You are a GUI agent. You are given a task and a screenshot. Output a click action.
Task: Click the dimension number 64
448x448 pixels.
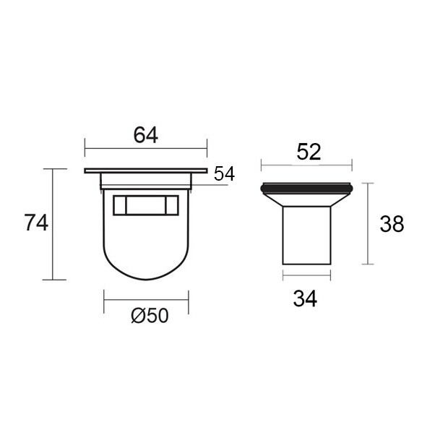point(146,135)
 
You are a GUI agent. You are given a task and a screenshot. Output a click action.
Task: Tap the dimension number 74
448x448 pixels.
point(36,223)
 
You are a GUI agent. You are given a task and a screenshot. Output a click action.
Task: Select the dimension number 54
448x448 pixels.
point(224,173)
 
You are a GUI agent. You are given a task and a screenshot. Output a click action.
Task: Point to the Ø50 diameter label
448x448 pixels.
point(150,316)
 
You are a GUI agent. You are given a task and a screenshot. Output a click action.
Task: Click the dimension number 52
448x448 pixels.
point(309,152)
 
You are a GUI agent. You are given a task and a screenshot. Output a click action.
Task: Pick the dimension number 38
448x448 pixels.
point(392,224)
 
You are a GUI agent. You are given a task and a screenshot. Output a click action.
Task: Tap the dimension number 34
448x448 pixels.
point(305,299)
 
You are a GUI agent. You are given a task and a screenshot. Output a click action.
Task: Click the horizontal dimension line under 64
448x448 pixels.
point(146,148)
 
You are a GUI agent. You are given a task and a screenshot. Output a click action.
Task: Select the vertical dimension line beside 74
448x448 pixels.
point(53,224)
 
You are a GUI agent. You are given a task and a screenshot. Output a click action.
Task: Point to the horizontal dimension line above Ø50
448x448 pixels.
point(146,300)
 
